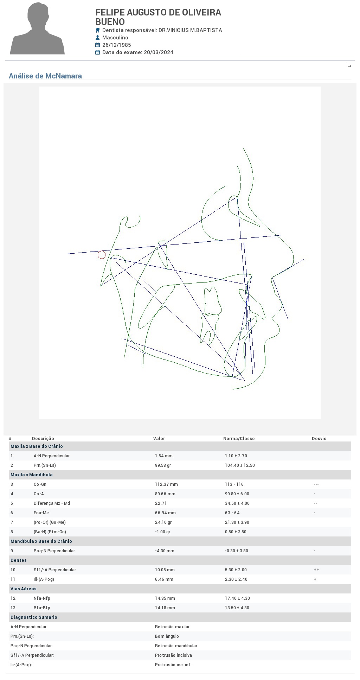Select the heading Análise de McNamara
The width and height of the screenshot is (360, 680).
click(x=45, y=76)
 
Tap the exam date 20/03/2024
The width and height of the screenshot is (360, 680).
click(x=159, y=52)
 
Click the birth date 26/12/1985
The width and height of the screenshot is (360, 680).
click(x=117, y=45)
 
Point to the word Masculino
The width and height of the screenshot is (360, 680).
click(x=115, y=38)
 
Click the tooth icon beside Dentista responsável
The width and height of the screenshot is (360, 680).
click(x=98, y=30)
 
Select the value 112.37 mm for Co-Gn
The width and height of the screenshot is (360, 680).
click(x=166, y=484)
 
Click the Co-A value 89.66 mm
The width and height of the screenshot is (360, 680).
click(x=165, y=494)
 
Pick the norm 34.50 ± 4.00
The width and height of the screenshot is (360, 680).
click(x=237, y=503)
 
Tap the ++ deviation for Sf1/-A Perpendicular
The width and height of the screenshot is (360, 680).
click(x=316, y=570)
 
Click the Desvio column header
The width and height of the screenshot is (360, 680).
click(x=319, y=439)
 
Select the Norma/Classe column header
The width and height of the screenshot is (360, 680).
click(x=239, y=439)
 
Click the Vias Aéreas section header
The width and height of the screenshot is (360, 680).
click(x=24, y=589)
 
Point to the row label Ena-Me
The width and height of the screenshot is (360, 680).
click(x=41, y=513)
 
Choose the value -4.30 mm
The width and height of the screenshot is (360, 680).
click(x=165, y=551)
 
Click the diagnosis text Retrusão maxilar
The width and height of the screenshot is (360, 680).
click(x=172, y=627)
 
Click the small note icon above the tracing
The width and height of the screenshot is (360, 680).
click(x=349, y=65)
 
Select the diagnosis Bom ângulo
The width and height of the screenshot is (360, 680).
click(x=167, y=636)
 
